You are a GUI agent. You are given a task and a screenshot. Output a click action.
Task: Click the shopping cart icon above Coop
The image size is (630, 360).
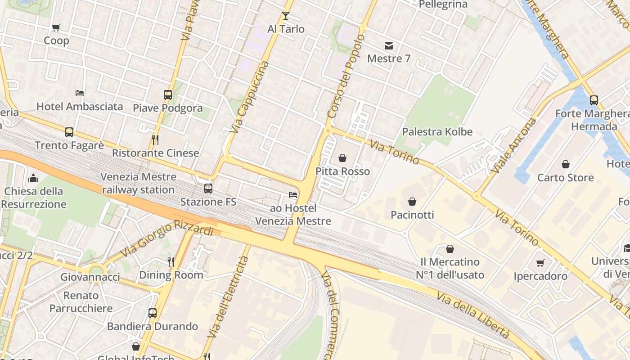click(x=56, y=28)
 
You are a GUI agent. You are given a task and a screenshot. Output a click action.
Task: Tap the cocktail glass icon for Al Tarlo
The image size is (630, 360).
click(x=285, y=16)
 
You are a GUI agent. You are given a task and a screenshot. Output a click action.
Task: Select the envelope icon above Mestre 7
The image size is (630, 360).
click(x=388, y=45)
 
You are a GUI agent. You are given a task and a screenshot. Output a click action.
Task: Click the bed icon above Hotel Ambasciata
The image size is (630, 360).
click(x=80, y=93)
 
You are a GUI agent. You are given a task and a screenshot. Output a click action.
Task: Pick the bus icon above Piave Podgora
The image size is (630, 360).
click(x=168, y=95)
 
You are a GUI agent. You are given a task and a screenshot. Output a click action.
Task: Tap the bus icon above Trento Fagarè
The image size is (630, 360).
click(x=69, y=132)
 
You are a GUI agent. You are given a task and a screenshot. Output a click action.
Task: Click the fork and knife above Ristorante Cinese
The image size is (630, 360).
click(x=155, y=139)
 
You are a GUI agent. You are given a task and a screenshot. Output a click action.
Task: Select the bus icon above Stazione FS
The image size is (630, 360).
click(x=208, y=189)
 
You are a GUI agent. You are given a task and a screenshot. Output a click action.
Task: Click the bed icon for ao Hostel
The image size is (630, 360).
click(x=293, y=195)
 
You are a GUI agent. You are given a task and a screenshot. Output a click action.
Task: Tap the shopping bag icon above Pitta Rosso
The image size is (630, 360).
click(x=342, y=158)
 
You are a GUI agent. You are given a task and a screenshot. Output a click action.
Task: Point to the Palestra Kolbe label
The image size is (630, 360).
click(x=437, y=132)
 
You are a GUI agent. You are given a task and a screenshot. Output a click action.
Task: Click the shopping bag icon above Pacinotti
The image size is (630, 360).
click(x=412, y=202)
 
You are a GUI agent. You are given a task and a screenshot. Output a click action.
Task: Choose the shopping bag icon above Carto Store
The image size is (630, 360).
click(x=565, y=165)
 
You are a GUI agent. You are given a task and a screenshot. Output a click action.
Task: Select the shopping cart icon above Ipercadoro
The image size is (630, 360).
click(x=540, y=263)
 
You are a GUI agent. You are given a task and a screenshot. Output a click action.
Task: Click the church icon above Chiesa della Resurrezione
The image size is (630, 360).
click(x=33, y=178)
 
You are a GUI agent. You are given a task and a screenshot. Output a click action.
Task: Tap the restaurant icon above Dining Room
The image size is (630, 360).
click(x=171, y=261)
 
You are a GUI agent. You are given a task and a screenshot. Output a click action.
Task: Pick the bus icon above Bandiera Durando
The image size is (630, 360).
click(x=153, y=313)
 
